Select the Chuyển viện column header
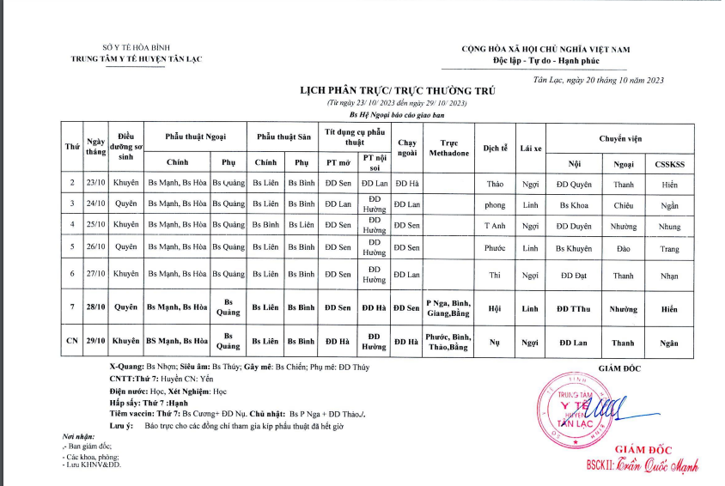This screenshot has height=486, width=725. point(619,137)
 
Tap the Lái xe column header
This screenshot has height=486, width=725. point(530,148)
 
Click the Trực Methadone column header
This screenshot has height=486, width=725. point(448,148)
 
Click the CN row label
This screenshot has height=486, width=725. point(72,342)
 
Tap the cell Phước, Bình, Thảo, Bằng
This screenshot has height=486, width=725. point(448,342)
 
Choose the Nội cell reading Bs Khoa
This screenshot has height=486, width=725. point(574,205)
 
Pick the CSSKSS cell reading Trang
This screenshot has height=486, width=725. point(669,248)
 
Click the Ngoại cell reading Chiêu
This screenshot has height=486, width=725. point(623,205)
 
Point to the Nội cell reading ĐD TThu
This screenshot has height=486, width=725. point(574,308)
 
